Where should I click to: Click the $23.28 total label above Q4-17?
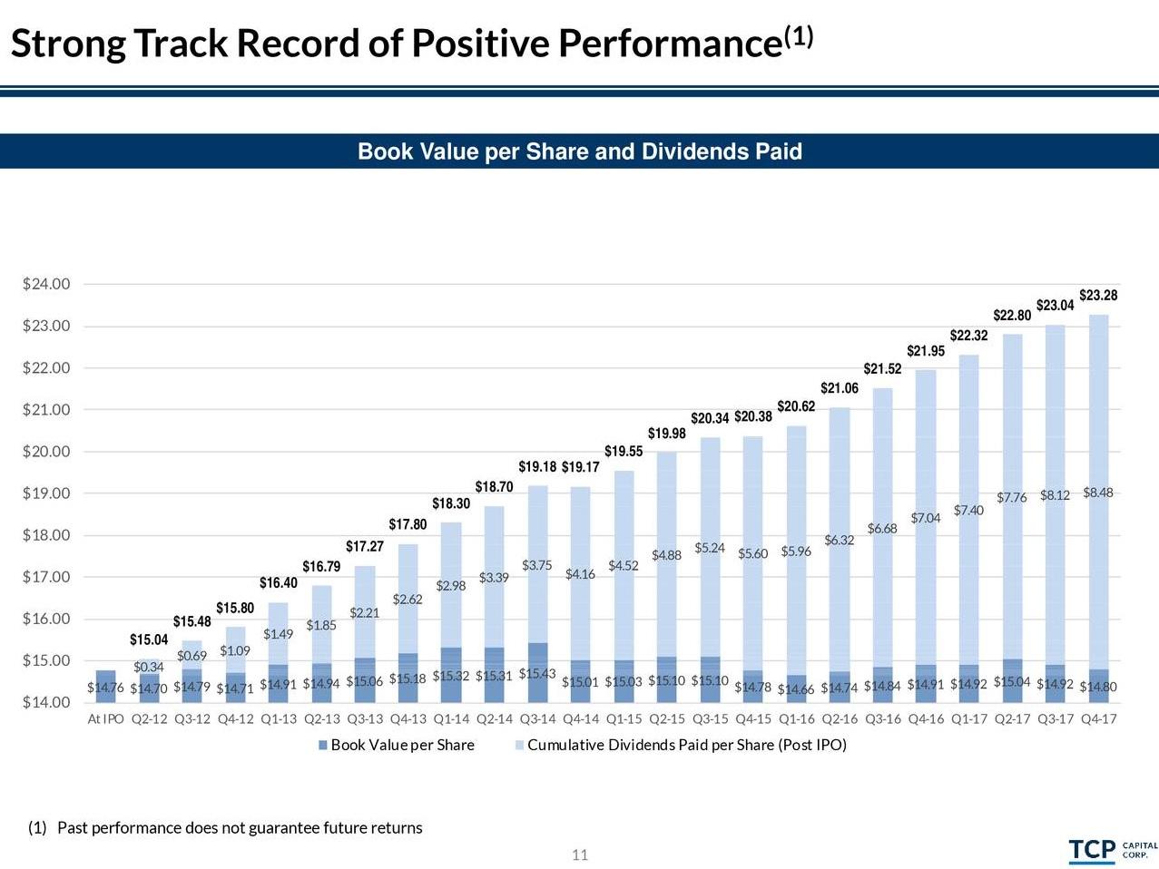[1098, 296]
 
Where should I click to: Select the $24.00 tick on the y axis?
[46, 284]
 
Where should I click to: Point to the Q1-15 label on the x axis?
[624, 719]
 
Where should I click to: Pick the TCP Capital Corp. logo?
[1112, 850]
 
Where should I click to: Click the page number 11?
[580, 854]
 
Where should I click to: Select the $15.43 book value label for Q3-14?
[537, 674]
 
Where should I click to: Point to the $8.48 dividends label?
[1097, 493]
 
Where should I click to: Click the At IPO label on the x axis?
[105, 719]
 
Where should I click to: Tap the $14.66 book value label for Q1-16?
[796, 688]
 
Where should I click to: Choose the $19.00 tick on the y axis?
[46, 493]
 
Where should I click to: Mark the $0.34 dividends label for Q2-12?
[149, 668]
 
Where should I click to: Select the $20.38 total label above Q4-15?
[753, 416]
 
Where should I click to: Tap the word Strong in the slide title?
[67, 44]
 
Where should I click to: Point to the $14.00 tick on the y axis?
[46, 702]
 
